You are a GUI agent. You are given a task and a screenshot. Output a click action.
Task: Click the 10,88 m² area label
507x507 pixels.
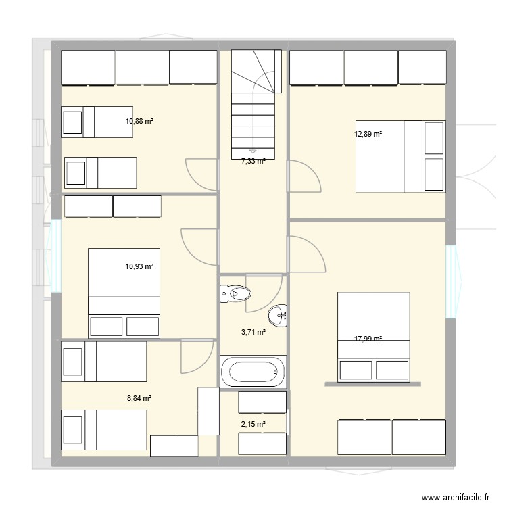[139, 122]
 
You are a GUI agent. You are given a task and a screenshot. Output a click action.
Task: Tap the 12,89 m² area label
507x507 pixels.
[368, 134]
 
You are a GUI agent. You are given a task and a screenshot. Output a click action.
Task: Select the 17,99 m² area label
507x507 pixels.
[368, 339]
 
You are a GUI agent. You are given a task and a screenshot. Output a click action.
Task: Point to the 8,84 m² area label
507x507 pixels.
[139, 399]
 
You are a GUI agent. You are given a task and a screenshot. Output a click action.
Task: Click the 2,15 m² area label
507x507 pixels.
[254, 424]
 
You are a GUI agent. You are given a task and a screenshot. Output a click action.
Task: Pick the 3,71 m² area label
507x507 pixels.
[254, 332]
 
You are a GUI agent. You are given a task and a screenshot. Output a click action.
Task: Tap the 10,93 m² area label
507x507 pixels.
[139, 267]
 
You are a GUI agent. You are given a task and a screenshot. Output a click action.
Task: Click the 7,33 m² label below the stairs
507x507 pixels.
[254, 161]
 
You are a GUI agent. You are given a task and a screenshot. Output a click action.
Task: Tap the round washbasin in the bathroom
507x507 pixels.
[277, 315]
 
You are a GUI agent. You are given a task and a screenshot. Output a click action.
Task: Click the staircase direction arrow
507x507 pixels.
[253, 151]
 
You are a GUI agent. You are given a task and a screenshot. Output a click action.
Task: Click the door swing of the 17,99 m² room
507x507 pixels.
[304, 251]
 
